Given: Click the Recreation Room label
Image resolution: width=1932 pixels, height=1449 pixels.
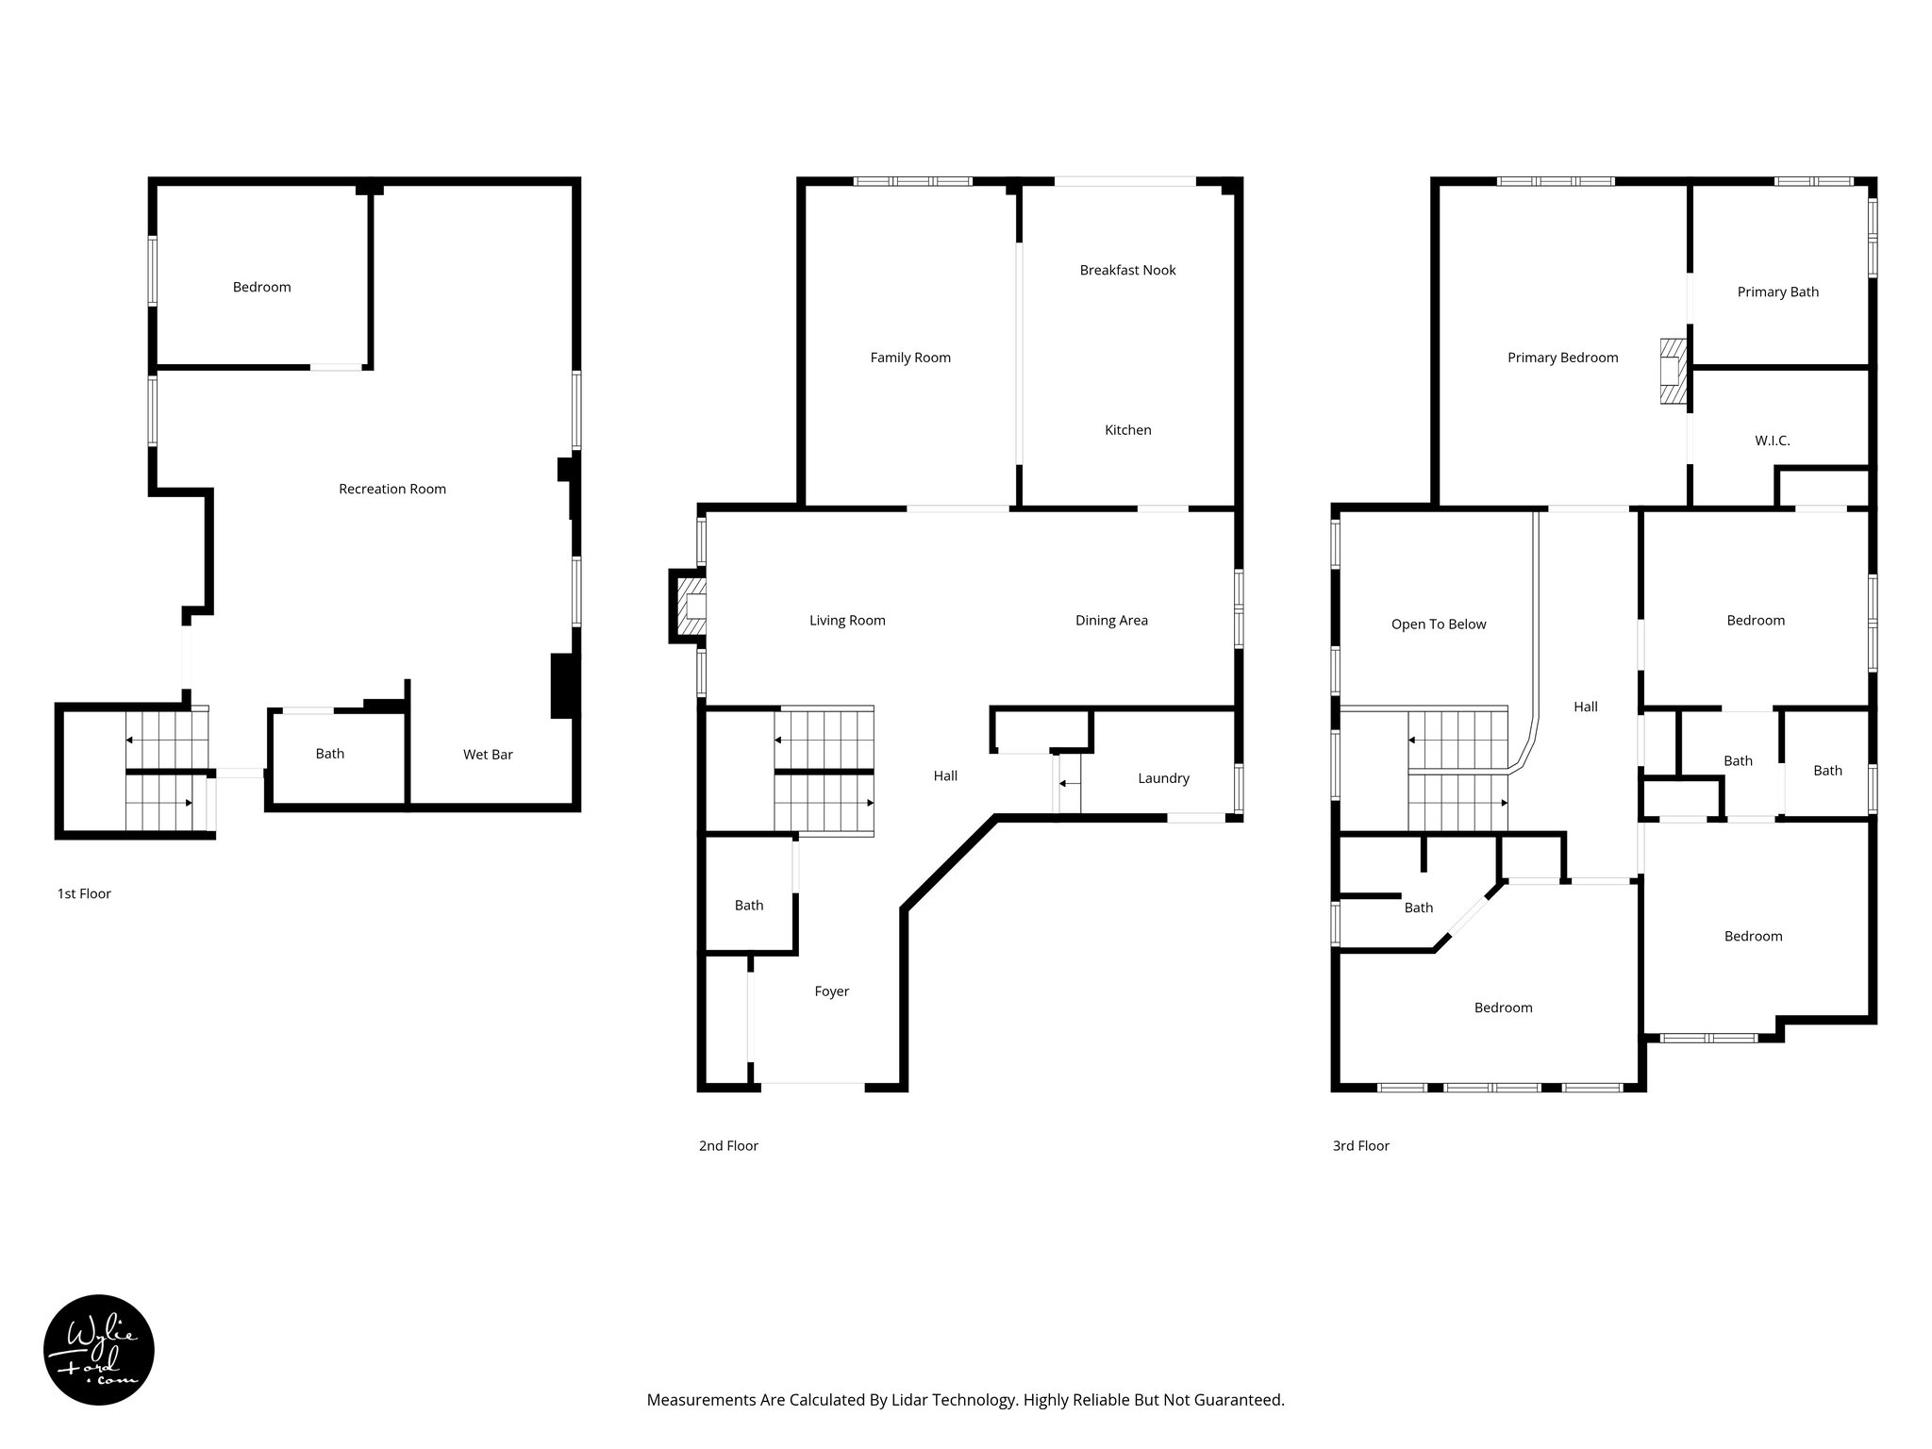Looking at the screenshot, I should (x=392, y=489).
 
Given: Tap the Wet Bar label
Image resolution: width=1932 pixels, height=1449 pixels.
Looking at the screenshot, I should (x=488, y=755).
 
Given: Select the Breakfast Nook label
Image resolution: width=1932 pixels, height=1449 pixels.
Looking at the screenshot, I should (x=1127, y=271).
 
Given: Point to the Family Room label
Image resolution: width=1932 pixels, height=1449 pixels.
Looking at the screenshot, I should (x=910, y=358).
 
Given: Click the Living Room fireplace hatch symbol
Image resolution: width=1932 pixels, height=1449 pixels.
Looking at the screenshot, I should (x=693, y=607).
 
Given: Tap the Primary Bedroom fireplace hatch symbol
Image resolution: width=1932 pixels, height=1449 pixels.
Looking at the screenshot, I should (x=1671, y=372).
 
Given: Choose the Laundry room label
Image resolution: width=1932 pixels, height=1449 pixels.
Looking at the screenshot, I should (x=1163, y=778).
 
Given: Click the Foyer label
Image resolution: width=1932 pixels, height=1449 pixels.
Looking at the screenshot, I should (x=831, y=991).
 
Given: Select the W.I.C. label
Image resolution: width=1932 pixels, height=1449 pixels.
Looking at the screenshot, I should (x=1772, y=441).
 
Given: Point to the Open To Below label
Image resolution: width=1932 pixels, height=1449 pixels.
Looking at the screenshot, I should (x=1438, y=625).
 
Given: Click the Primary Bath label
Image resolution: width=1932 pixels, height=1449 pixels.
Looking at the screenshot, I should (x=1777, y=292).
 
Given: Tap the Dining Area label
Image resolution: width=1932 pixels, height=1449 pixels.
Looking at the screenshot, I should (x=1111, y=621).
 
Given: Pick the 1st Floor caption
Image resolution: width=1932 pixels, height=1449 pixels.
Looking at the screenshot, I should (x=84, y=893).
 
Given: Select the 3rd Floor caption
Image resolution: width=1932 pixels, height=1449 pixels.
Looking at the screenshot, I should (x=1360, y=1146).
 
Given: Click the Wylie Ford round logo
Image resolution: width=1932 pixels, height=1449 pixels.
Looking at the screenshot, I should (x=99, y=1349).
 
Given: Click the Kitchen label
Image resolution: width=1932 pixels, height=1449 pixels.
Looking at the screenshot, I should (x=1127, y=430).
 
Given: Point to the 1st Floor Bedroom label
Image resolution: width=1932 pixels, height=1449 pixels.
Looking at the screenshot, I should (x=261, y=288).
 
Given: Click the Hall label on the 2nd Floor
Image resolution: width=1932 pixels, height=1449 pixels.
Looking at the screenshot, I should (x=945, y=776).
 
